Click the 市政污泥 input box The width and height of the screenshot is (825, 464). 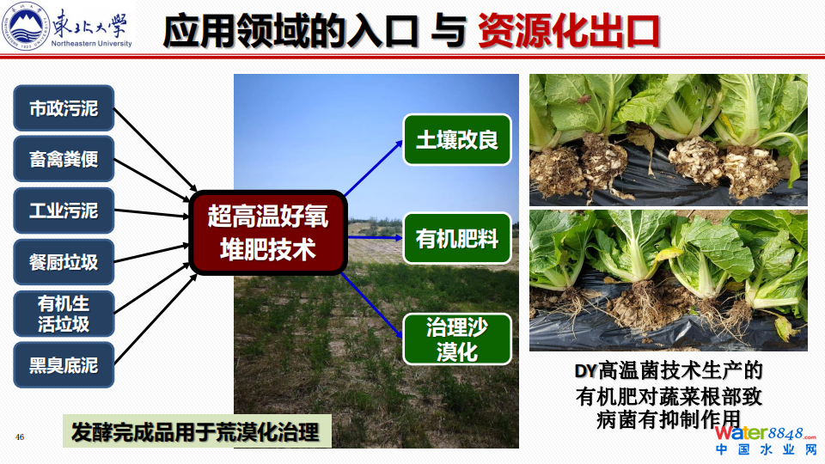[x=64, y=108]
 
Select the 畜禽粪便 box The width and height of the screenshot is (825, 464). [x=64, y=159]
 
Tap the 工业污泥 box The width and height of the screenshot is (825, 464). [x=64, y=211]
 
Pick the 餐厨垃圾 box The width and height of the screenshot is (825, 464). [x=64, y=262]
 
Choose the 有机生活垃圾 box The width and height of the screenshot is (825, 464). [x=64, y=314]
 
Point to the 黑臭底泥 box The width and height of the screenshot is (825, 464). [x=64, y=365]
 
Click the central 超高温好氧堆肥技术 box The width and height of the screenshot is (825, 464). [x=268, y=233]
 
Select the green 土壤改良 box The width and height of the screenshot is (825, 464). [x=457, y=140]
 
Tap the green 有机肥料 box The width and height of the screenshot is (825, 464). [x=457, y=238]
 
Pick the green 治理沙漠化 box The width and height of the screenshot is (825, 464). [x=457, y=339]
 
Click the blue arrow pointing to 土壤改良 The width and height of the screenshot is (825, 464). [x=374, y=168]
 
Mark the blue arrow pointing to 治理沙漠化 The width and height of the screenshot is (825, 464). [x=372, y=305]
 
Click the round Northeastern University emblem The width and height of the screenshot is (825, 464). [x=25, y=25]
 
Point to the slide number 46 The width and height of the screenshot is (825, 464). [x=20, y=437]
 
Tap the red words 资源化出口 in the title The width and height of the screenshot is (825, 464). [x=569, y=32]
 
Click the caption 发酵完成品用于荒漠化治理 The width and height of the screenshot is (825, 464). [x=197, y=431]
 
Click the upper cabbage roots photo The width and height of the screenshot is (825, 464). [x=669, y=140]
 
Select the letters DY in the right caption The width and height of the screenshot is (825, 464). [x=585, y=371]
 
